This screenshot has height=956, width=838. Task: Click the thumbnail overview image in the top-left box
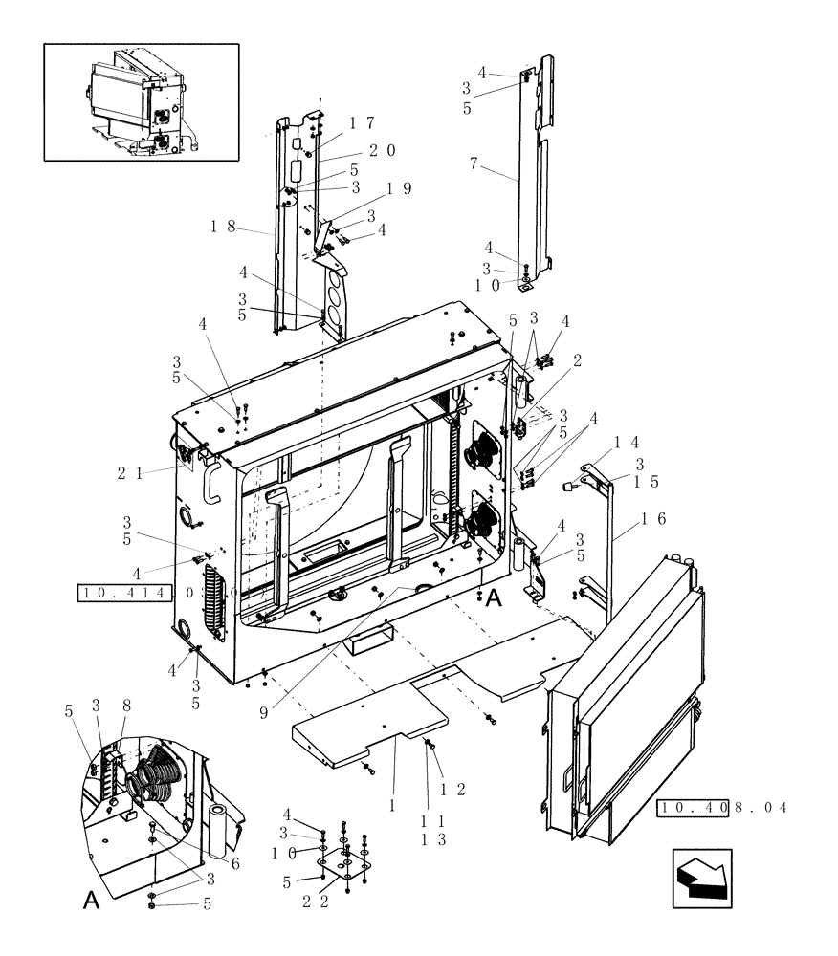coord(142,101)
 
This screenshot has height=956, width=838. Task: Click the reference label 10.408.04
coord(722,808)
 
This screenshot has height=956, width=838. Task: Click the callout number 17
coord(361,123)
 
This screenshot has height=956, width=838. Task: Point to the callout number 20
coord(382,150)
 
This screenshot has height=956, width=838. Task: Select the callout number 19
coord(399,188)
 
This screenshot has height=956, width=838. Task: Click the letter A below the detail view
coord(92,901)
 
